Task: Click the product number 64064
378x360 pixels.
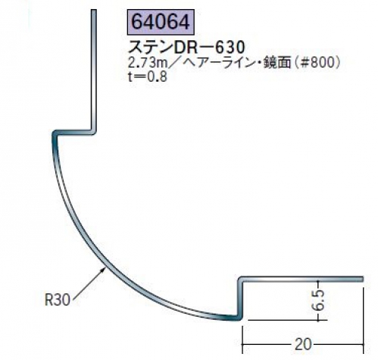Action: point(161,22)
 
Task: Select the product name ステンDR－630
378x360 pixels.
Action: point(187,47)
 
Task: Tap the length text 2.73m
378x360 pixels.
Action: point(148,63)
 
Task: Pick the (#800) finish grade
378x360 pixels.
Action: point(317,63)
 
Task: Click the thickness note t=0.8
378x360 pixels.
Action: point(147,77)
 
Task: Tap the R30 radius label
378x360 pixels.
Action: point(57,300)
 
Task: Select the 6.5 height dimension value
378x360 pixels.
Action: point(317,300)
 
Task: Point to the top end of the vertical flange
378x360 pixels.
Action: point(94,11)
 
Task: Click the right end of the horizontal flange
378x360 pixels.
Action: point(361,279)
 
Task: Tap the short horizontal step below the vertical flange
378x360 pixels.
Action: point(73,133)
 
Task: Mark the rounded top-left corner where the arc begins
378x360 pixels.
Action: point(55,134)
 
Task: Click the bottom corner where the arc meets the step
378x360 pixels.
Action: point(237,318)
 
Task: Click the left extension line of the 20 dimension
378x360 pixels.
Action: point(242,340)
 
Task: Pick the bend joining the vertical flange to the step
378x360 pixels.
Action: point(94,132)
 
